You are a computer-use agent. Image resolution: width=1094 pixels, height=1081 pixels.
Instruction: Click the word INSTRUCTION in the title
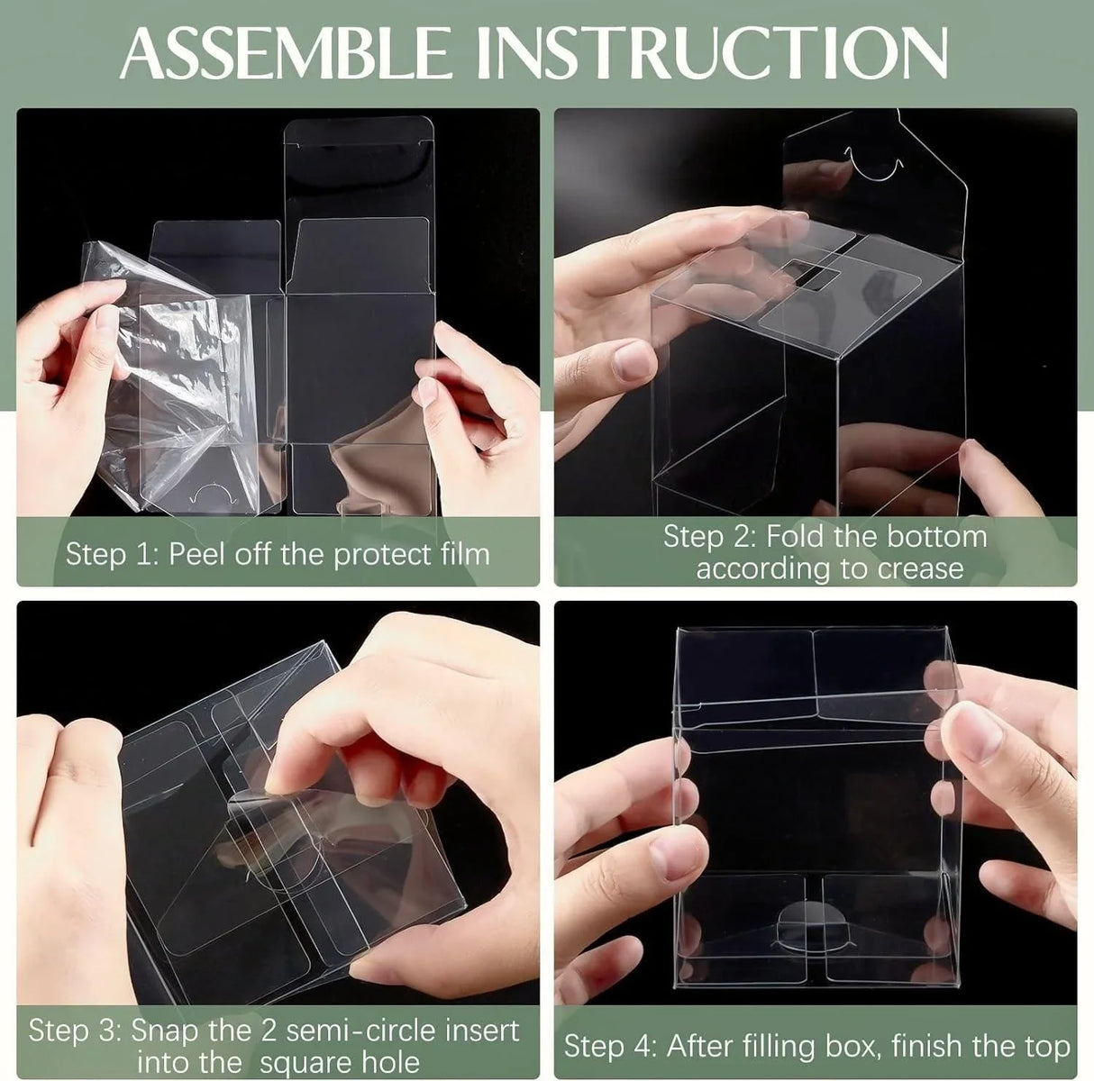[x=712, y=53]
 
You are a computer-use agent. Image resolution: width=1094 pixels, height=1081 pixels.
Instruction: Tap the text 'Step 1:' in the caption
[x=113, y=554]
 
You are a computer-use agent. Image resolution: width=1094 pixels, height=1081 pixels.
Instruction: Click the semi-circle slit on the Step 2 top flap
[x=872, y=168]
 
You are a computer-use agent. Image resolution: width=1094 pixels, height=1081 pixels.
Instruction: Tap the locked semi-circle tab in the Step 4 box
[x=813, y=923]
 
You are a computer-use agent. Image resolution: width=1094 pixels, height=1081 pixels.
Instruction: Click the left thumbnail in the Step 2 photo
[x=634, y=360]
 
